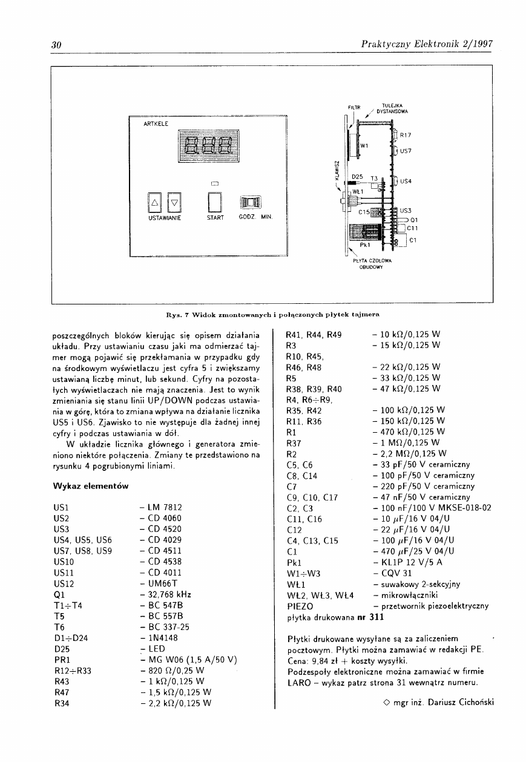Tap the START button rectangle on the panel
[215, 202]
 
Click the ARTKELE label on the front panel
[156, 123]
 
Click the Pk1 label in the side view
[365, 246]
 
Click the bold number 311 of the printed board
[376, 617]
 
